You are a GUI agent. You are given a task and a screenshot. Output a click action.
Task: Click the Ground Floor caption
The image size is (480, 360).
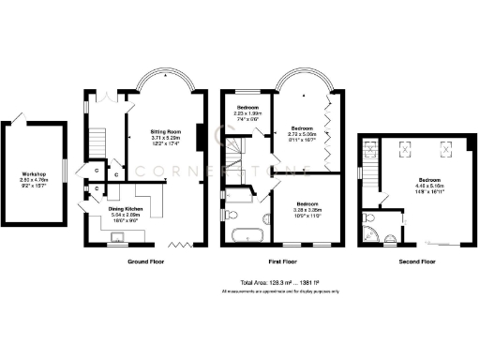coord(147,262)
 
